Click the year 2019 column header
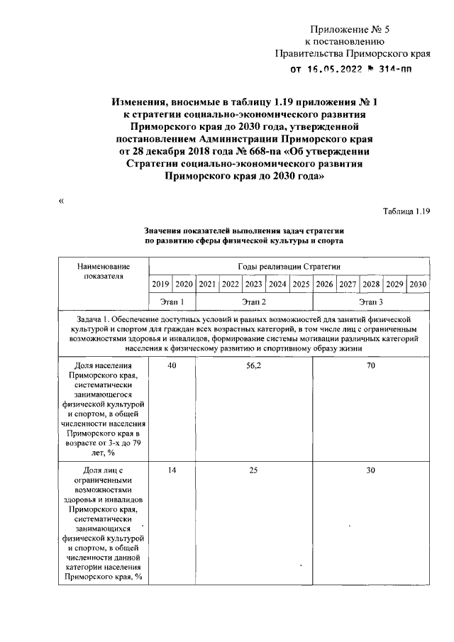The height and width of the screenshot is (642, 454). pyautogui.click(x=160, y=284)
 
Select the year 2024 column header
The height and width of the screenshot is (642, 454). pyautogui.click(x=277, y=284)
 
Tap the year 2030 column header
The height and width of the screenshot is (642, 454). pyautogui.click(x=418, y=284)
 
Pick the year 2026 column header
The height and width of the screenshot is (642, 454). pyautogui.click(x=324, y=284)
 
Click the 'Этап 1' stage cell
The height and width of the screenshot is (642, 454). pyautogui.click(x=172, y=301)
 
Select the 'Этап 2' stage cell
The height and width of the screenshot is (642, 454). pyautogui.click(x=254, y=301)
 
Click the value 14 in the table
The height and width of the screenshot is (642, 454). pyautogui.click(x=172, y=470)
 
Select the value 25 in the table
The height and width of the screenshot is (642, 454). pyautogui.click(x=254, y=470)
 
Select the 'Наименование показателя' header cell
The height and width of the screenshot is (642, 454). pyautogui.click(x=104, y=270)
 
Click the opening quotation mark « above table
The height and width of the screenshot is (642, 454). pyautogui.click(x=61, y=201)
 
